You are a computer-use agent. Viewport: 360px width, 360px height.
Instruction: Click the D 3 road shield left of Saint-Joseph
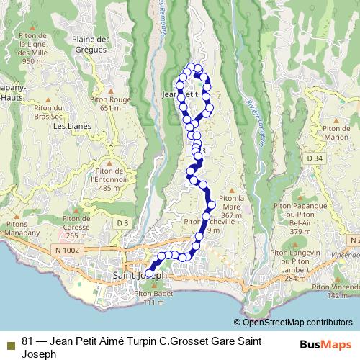click(x=123, y=224)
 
